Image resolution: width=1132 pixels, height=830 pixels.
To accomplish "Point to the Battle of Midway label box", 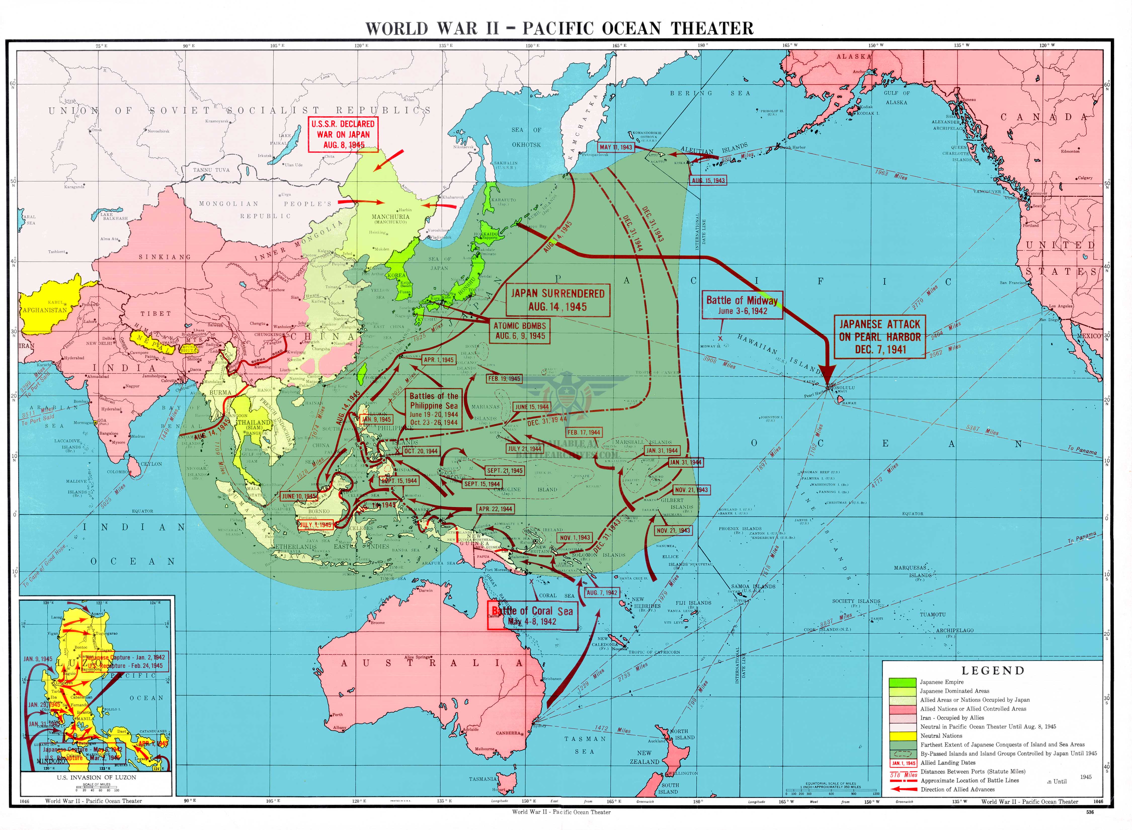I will (742, 305).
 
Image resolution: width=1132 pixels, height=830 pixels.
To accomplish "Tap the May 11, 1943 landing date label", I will (616, 147).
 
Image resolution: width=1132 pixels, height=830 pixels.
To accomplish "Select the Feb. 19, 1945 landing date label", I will (504, 379).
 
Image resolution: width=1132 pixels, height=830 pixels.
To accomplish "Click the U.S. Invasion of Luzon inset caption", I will (96, 777).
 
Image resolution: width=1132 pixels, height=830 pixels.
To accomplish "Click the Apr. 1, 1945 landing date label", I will (438, 360).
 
